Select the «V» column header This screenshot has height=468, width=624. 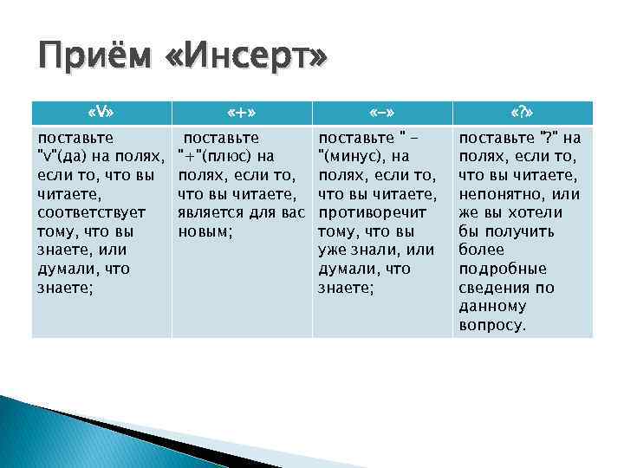pos(101,112)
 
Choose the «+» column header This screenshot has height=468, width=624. pos(240,112)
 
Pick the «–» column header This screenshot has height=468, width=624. pos(380,112)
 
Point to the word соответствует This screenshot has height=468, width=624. pos(91,212)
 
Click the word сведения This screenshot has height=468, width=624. pos(494,288)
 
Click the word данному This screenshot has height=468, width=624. pos(492,307)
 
